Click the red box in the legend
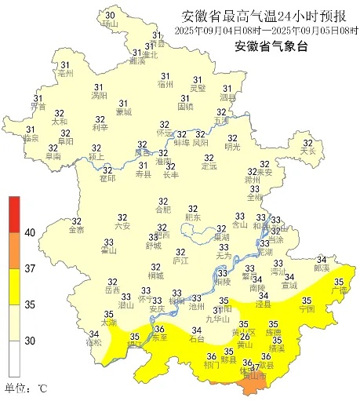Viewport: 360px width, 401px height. [x=15, y=213]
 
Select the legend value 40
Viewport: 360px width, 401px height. [x=30, y=232]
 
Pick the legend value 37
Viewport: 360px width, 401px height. [x=30, y=268]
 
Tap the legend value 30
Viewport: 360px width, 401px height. [x=30, y=341]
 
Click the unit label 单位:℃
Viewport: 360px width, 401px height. [x=27, y=388]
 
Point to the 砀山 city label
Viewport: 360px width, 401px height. [x=109, y=25]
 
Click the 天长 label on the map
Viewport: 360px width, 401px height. [x=307, y=151]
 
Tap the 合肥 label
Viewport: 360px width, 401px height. [x=162, y=210]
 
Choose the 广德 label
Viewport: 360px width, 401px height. [x=340, y=290]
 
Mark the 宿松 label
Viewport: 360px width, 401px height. [x=94, y=343]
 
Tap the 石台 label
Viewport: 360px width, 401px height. [x=197, y=340]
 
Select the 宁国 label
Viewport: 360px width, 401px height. [x=307, y=309]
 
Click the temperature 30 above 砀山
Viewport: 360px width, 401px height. [x=109, y=16]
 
